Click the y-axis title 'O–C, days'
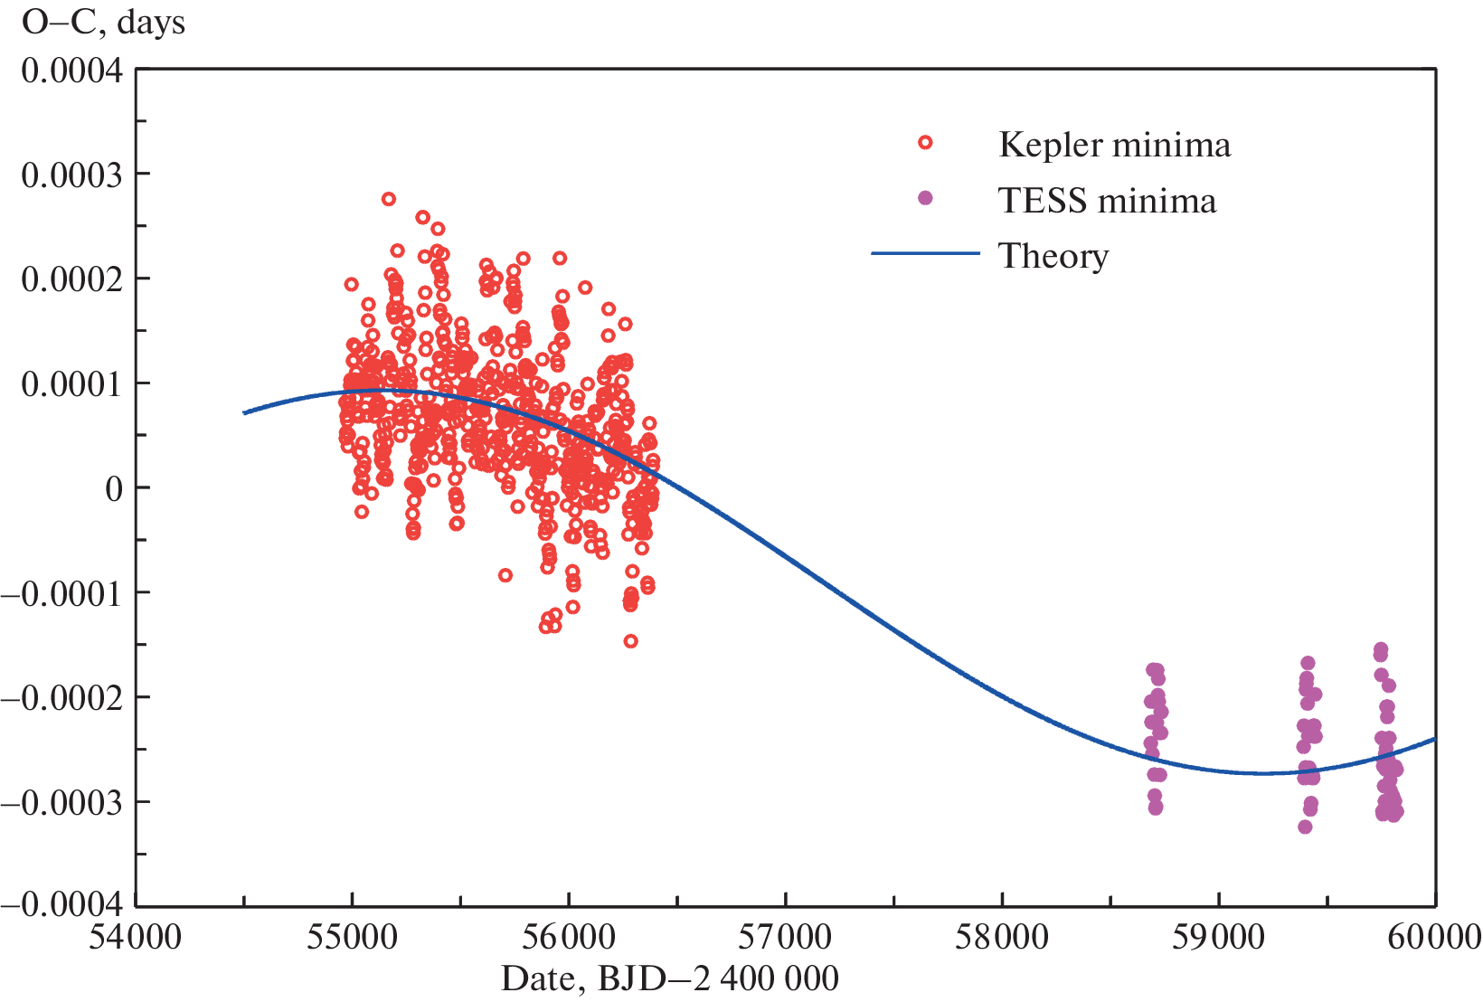click(103, 23)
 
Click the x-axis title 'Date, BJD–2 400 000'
click(670, 978)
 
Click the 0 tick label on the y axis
click(114, 489)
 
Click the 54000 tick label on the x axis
click(136, 938)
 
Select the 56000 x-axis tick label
click(569, 938)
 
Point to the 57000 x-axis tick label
click(785, 938)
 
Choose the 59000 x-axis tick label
click(1218, 938)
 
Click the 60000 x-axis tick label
click(1435, 938)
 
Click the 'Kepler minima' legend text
click(1114, 146)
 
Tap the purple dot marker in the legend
click(925, 198)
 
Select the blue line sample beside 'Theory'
click(925, 254)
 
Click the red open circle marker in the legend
click(925, 143)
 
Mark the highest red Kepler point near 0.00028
click(389, 199)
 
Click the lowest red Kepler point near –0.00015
click(631, 641)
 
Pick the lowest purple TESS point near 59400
click(1305, 827)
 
